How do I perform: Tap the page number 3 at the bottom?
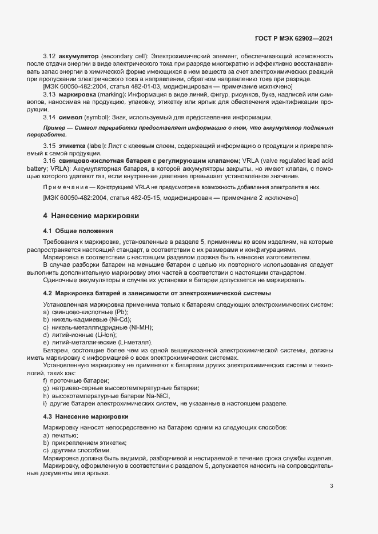coord(332,487)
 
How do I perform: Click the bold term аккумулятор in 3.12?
coord(78,57)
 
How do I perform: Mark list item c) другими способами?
coord(73,451)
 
